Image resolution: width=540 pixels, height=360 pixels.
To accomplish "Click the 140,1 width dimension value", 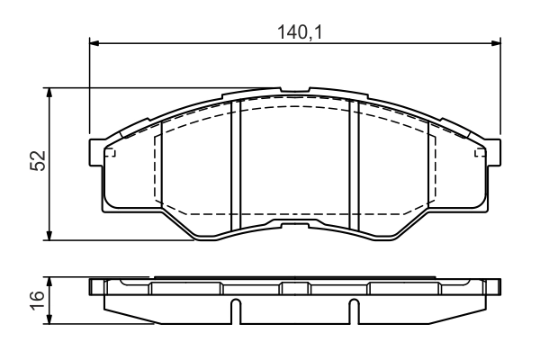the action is pyautogui.click(x=300, y=32).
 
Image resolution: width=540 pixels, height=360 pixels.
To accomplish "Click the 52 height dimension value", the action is pyautogui.click(x=38, y=160).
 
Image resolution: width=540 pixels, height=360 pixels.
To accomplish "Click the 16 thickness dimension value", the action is pyautogui.click(x=38, y=301).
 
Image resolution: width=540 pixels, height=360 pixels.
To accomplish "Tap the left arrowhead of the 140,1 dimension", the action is pyautogui.click(x=94, y=43).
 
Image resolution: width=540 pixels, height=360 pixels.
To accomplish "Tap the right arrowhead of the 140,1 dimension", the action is pyautogui.click(x=496, y=43).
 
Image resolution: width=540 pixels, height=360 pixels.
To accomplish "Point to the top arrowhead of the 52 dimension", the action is pyautogui.click(x=49, y=93).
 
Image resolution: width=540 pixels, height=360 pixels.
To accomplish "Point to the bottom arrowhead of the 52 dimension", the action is pyautogui.click(x=49, y=235).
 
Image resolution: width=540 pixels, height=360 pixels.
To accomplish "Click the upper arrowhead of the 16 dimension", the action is pyautogui.click(x=49, y=282).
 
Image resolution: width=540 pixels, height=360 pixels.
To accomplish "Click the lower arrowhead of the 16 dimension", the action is pyautogui.click(x=49, y=319).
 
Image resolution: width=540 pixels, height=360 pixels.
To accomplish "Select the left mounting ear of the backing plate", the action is pyautogui.click(x=96, y=153).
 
